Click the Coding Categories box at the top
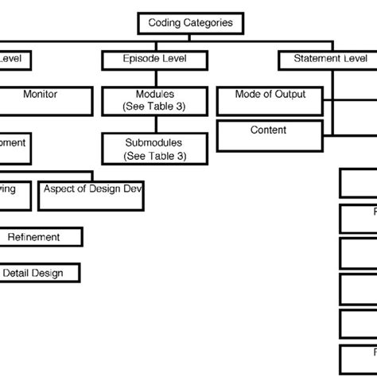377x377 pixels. click(x=190, y=23)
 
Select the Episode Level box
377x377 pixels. click(x=154, y=60)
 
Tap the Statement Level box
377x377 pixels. click(x=330, y=60)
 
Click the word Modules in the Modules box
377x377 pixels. click(x=154, y=95)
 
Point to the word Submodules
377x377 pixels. click(x=154, y=143)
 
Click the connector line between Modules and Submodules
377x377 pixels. click(x=154, y=126)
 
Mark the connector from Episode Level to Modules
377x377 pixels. click(x=154, y=79)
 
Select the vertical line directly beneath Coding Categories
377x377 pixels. click(x=190, y=37)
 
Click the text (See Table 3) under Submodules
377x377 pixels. click(x=154, y=156)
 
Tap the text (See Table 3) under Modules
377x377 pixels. click(x=154, y=107)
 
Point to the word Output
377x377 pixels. click(x=290, y=95)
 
